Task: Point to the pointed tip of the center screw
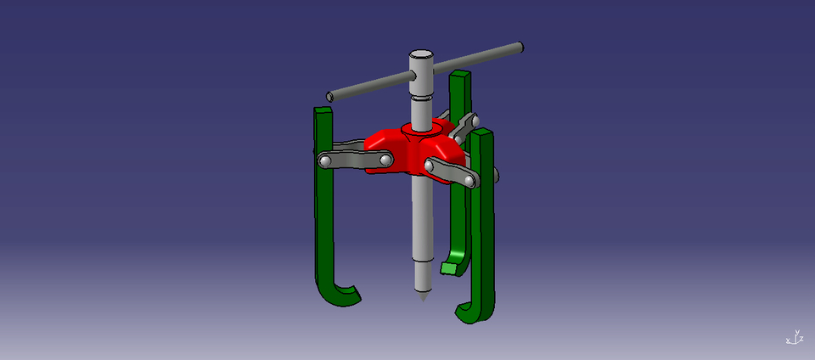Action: [423, 296]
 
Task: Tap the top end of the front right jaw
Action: [483, 134]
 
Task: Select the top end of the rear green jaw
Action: [459, 76]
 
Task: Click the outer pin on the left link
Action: [324, 160]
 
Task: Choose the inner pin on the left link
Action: [385, 159]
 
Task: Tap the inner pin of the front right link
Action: [431, 165]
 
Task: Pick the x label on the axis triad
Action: [788, 340]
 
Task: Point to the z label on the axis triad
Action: [802, 339]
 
